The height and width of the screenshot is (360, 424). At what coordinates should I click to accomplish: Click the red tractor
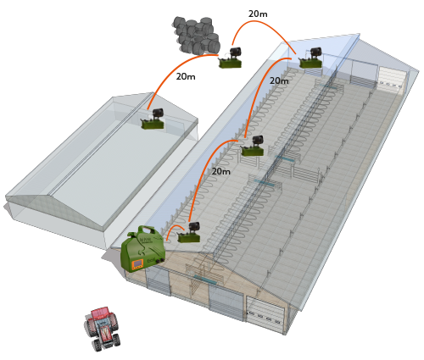(x=102, y=329)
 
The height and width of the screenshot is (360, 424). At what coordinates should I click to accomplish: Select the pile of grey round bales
(x=197, y=36)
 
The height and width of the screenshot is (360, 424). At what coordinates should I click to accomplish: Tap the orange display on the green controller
(x=137, y=264)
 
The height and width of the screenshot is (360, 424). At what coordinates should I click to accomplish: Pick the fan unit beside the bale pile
(x=231, y=58)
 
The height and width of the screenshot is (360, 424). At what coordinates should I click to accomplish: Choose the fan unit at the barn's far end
(x=311, y=58)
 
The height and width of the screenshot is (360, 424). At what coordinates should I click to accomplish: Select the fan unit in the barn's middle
(x=253, y=146)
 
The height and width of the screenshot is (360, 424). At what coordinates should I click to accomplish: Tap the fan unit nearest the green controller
(x=189, y=232)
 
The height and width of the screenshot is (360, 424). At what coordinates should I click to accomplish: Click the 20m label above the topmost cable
(x=258, y=14)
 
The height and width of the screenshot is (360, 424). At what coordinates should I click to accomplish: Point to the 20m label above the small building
(x=186, y=76)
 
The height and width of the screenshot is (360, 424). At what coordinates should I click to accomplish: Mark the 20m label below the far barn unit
(x=279, y=80)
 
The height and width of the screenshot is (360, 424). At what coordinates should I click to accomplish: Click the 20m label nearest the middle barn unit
(x=221, y=171)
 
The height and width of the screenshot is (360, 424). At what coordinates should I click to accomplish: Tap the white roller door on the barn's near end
(x=265, y=314)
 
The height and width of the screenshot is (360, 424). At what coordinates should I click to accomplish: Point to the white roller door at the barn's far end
(x=392, y=79)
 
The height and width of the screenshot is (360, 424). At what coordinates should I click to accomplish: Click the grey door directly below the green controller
(x=158, y=280)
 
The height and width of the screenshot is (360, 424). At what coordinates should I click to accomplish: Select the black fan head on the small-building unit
(x=159, y=114)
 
